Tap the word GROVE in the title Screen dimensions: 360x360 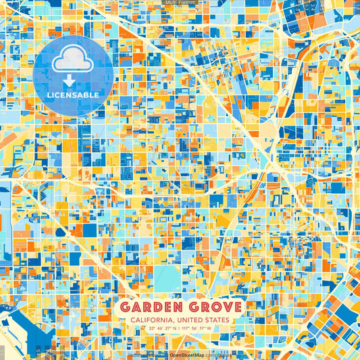click(x=213, y=307)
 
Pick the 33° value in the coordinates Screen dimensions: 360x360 click(x=153, y=328)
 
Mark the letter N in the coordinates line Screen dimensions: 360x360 click(x=174, y=328)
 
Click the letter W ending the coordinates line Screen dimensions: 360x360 click(x=209, y=328)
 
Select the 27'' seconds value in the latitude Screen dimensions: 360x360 click(x=168, y=328)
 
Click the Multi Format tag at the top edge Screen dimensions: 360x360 click(x=180, y=3)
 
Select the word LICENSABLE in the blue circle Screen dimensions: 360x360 click(x=73, y=95)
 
